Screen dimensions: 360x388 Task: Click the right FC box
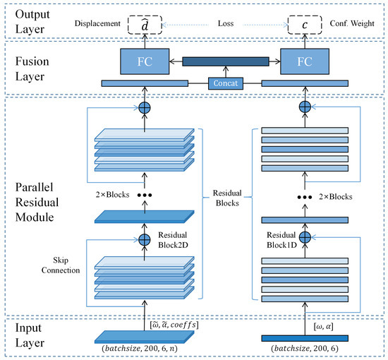[x=304, y=61]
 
